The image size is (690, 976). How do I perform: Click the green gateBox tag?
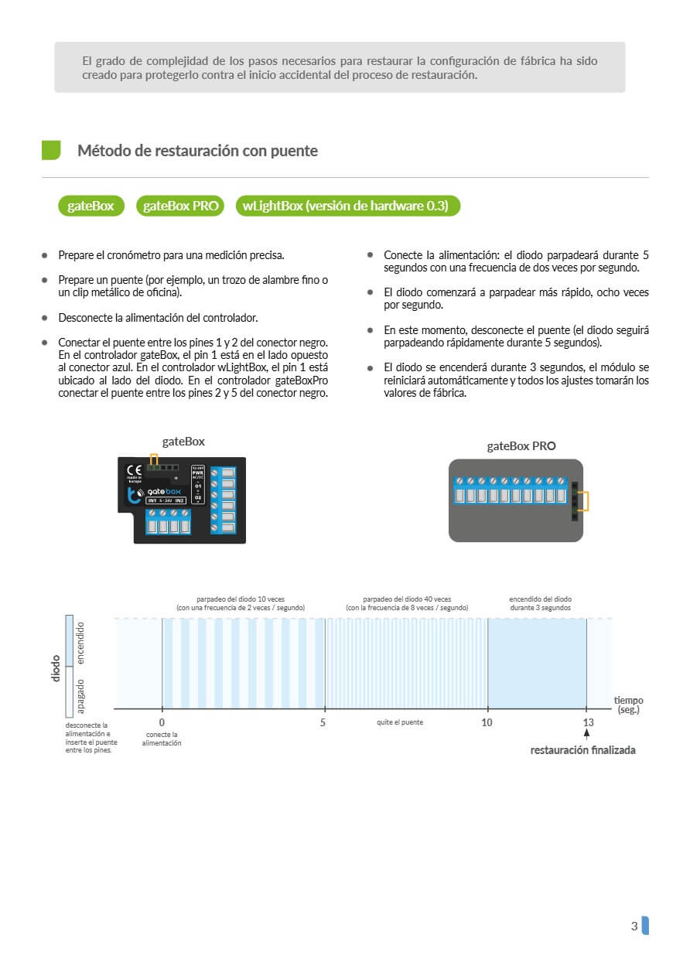(x=91, y=206)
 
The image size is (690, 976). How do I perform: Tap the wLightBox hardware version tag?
(x=347, y=206)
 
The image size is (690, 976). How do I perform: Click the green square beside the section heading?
(x=51, y=150)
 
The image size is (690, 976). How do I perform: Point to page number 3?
(x=634, y=926)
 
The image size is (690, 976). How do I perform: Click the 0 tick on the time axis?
(x=162, y=722)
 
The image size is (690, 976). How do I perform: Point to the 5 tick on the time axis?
(x=323, y=722)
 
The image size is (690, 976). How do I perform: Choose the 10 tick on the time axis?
(x=487, y=722)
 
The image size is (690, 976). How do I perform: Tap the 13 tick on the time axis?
(x=588, y=722)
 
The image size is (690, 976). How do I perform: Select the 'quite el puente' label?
(x=399, y=722)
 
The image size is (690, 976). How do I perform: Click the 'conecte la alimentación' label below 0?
(x=162, y=739)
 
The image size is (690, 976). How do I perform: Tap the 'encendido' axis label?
(x=80, y=643)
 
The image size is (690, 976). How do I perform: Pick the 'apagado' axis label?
(x=80, y=694)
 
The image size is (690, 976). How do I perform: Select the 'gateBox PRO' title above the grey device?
(x=521, y=445)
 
